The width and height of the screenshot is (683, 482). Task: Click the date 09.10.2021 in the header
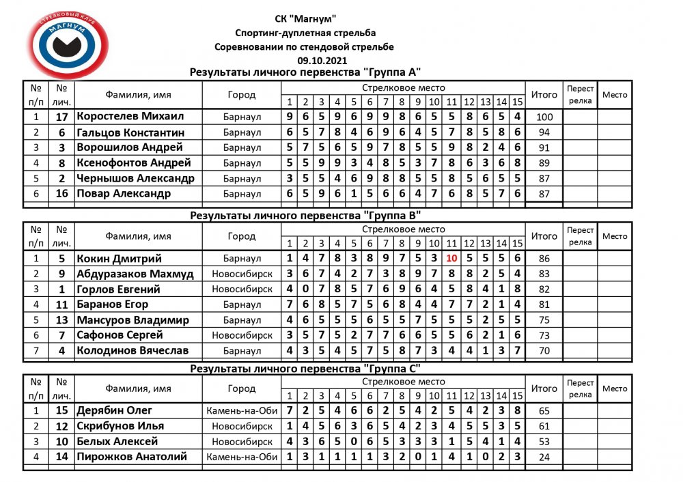(x=304, y=60)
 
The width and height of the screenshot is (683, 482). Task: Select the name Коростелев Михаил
(x=130, y=116)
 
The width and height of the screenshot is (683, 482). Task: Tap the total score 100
(x=544, y=117)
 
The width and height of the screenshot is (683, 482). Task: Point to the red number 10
(x=451, y=259)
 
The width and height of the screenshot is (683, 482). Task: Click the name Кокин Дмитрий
(x=120, y=259)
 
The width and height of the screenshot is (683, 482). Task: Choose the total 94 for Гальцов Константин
(x=544, y=132)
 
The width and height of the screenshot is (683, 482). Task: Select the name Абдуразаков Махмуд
(x=135, y=274)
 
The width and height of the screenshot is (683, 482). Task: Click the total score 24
(x=544, y=457)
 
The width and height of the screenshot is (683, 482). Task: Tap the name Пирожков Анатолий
(x=131, y=457)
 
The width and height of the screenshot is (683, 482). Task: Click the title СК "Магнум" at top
(x=304, y=19)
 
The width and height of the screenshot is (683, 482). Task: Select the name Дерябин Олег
(x=115, y=410)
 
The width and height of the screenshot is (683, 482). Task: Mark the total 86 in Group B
(x=544, y=259)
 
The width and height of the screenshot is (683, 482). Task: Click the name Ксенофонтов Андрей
(x=133, y=162)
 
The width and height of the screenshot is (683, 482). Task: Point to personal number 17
(x=61, y=117)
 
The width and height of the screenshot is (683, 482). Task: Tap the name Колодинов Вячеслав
(x=133, y=351)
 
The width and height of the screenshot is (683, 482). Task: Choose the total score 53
(x=544, y=442)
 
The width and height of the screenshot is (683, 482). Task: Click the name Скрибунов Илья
(x=120, y=426)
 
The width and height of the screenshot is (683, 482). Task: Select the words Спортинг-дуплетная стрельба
(x=304, y=33)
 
